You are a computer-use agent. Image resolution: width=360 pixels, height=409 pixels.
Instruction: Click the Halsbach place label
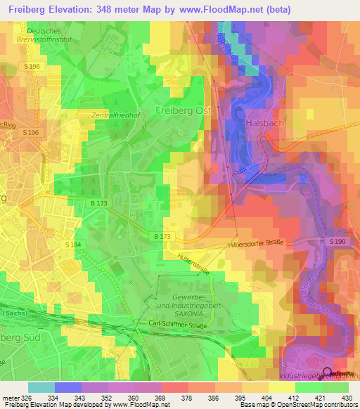click(264, 122)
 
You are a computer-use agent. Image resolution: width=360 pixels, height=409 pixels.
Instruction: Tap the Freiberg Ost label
click(184, 110)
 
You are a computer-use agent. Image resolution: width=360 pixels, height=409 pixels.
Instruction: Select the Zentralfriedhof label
click(112, 115)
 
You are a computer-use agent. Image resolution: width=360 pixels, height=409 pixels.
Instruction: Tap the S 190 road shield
click(338, 241)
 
